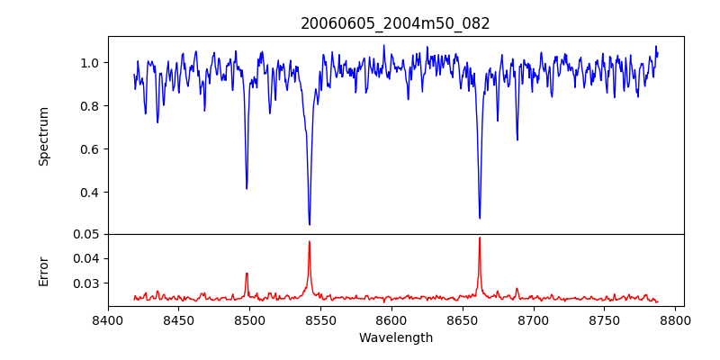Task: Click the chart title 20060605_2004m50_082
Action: click(x=395, y=23)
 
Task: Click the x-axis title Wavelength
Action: click(x=395, y=337)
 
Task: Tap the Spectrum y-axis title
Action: click(x=43, y=136)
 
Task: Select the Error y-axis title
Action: click(x=43, y=271)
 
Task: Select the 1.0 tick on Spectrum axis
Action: click(x=90, y=63)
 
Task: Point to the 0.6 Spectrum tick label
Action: click(x=90, y=149)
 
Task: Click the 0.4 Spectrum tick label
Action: click(x=90, y=193)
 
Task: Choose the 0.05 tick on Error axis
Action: click(x=86, y=234)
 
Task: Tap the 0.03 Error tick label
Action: click(x=86, y=283)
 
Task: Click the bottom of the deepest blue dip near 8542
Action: click(x=310, y=224)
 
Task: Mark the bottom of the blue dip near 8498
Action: click(x=247, y=188)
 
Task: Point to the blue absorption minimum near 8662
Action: click(x=480, y=218)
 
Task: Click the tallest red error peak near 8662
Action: click(x=480, y=238)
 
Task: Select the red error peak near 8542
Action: click(x=310, y=241)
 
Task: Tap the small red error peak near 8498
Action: click(x=247, y=274)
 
